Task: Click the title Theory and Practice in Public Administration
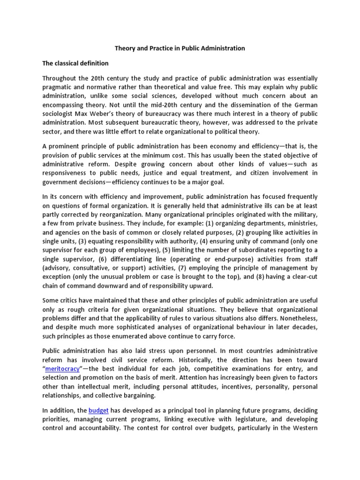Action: (x=180, y=48)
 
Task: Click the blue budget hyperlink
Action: (x=99, y=410)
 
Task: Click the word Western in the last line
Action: (x=303, y=428)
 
